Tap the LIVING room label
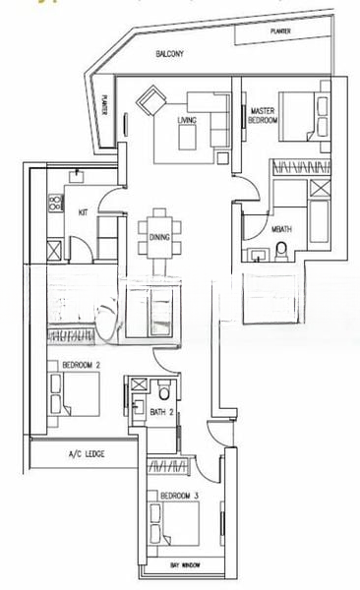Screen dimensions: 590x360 187,120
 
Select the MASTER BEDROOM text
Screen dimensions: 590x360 263,115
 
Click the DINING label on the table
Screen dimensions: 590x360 160,237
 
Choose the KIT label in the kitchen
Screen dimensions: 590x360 84,211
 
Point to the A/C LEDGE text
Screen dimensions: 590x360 88,454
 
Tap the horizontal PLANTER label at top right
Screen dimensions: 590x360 282,32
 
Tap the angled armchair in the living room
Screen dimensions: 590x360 152,101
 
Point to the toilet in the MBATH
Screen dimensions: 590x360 280,255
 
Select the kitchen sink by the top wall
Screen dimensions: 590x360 77,177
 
